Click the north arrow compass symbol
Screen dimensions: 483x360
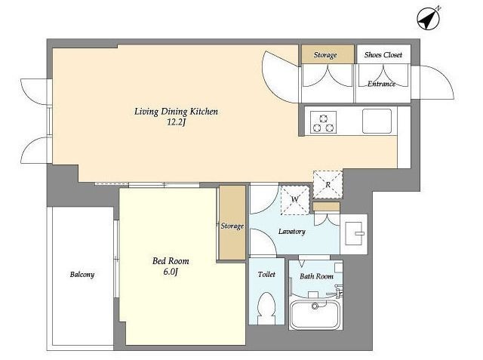428,18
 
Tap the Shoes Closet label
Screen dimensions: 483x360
383,55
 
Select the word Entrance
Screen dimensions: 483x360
381,84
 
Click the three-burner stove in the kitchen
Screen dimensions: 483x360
323,122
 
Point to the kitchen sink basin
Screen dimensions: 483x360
377,121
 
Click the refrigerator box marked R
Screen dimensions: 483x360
328,184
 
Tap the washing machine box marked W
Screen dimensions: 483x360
295,200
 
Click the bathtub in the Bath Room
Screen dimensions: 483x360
315,314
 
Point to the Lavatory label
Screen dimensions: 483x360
292,231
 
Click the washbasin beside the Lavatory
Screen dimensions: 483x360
355,233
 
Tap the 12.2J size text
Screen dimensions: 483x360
177,122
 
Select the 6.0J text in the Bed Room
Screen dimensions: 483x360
171,272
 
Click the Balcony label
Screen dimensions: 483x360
82,275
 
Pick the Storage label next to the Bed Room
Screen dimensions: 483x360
232,226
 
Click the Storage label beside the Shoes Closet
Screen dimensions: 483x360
325,55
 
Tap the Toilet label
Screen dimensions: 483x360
266,274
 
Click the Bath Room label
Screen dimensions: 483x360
317,276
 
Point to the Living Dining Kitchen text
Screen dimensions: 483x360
176,112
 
